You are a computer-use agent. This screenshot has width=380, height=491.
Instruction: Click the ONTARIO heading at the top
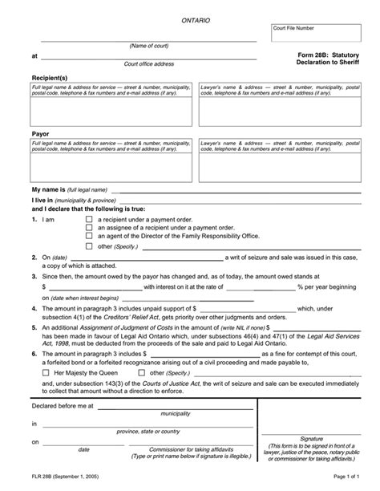(x=196, y=18)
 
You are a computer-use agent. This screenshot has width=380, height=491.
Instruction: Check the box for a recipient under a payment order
(x=88, y=219)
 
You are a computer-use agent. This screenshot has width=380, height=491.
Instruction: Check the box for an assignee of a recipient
(x=88, y=228)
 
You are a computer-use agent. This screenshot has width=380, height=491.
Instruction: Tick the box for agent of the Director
(x=88, y=237)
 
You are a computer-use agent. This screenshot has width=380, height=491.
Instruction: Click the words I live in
(x=42, y=196)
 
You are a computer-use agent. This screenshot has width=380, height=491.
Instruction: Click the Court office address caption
(x=148, y=64)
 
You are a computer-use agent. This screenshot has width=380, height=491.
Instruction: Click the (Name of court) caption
(x=148, y=46)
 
